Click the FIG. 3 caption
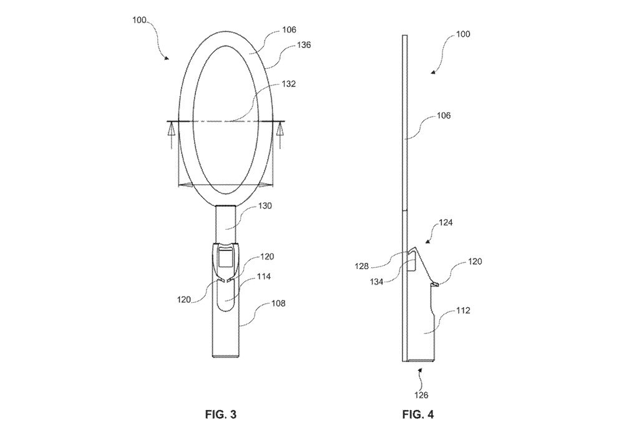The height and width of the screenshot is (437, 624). click(220, 415)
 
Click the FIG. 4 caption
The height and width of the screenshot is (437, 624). click(418, 415)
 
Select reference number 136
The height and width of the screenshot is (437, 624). click(304, 45)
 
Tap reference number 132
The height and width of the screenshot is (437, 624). click(288, 84)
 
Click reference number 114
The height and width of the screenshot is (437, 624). click(264, 276)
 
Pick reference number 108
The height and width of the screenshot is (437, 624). click(278, 303)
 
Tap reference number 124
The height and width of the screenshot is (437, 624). click(446, 222)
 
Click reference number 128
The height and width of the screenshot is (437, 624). click(362, 267)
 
